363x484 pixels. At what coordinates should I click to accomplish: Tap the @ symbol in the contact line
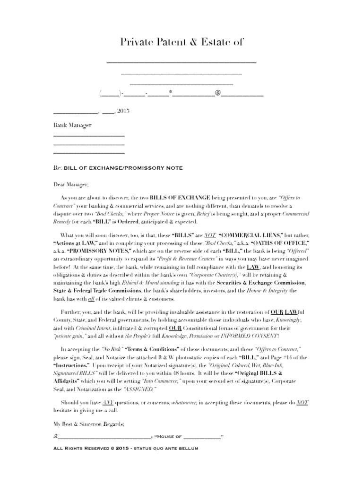point(218,93)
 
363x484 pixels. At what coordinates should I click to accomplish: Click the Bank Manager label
point(72,126)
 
